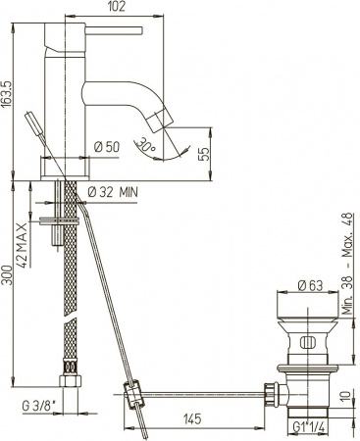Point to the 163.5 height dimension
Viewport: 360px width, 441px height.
click(x=9, y=98)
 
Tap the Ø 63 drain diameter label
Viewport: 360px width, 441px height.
click(x=311, y=287)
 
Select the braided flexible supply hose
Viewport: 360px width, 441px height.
click(x=66, y=284)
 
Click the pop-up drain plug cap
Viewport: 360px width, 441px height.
click(x=310, y=304)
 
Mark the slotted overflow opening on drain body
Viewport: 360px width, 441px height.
click(x=309, y=343)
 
